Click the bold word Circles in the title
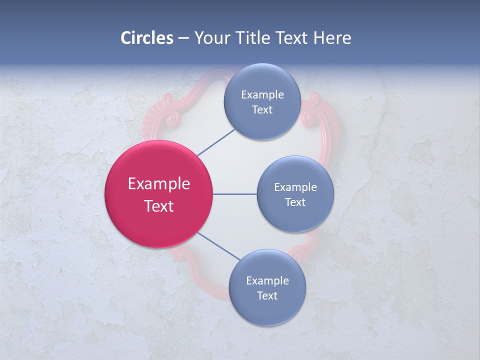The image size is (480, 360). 147,38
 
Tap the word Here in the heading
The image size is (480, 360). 332,38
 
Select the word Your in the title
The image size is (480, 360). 212,38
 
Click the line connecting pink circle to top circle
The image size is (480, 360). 216,142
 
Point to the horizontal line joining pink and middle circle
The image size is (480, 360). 234,194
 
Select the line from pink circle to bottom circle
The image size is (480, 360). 219,246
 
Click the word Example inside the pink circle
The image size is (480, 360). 158,184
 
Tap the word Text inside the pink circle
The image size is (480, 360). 158,206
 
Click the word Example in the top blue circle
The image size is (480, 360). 262,95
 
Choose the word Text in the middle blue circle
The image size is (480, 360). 295,202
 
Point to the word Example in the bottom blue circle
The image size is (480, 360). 267,281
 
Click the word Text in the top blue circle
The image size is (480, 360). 262,110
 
